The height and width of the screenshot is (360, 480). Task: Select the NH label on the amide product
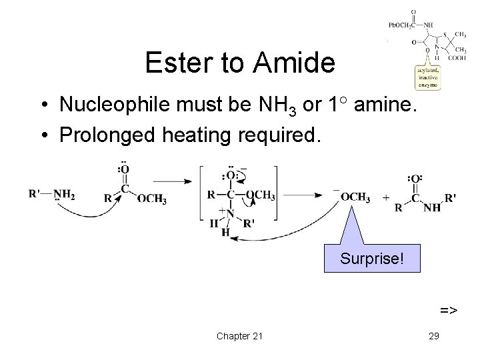433,207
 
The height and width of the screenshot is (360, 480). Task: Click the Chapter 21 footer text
239,335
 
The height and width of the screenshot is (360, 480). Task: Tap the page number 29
433,335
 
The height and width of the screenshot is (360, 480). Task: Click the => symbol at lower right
448,309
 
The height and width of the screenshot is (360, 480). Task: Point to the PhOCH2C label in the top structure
402,25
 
